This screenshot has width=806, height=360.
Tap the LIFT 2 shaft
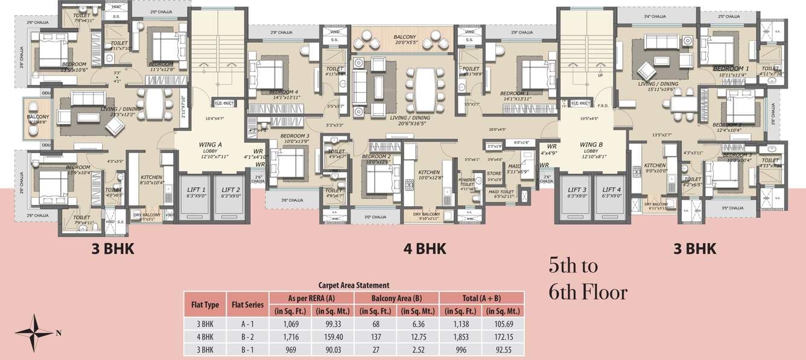[x=230, y=195]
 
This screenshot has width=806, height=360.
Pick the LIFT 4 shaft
[x=612, y=195]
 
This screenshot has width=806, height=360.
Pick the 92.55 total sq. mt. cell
[x=502, y=349]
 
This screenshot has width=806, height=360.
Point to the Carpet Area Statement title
[x=354, y=285]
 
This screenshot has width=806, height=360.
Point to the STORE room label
[x=494, y=174]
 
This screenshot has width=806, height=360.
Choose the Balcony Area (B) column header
[x=396, y=298]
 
